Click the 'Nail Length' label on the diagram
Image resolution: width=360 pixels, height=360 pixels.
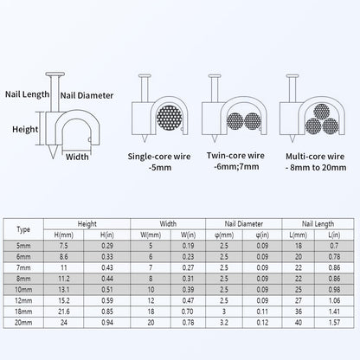(x=28, y=94)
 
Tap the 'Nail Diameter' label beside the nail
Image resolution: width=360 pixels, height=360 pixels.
(x=87, y=95)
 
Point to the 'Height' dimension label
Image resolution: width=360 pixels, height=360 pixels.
(x=25, y=129)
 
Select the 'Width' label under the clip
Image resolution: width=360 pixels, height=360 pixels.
(x=77, y=157)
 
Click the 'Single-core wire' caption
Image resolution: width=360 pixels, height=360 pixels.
(x=159, y=157)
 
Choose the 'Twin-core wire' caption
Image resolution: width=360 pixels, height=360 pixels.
(x=235, y=156)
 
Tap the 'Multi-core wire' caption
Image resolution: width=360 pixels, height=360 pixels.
(x=315, y=157)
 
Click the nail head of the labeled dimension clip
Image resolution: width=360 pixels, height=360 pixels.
(x=55, y=74)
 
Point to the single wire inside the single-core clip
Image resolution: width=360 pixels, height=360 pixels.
(x=170, y=118)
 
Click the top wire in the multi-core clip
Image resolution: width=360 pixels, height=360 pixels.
(x=322, y=112)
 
